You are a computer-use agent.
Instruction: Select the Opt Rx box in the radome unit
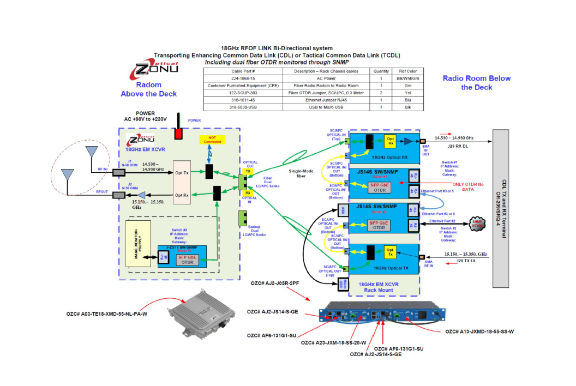point(182,195)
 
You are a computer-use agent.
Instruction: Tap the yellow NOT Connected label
point(208,140)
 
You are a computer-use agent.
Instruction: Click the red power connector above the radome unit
point(178,134)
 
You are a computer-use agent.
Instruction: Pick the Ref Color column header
point(407,71)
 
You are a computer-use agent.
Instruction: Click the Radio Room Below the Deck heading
point(476,82)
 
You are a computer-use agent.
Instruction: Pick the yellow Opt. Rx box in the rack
point(391,141)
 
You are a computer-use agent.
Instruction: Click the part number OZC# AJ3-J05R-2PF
point(274,284)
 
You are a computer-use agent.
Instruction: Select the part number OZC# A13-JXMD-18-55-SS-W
point(482,331)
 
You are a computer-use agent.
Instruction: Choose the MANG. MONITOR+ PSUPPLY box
point(138,244)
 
